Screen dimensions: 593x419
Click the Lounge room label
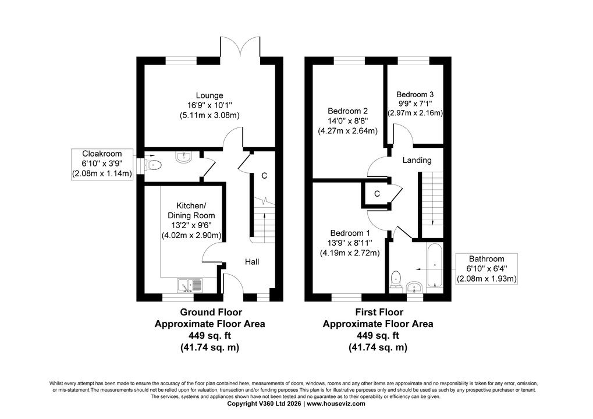tap(209, 95)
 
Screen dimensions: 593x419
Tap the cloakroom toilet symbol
tap(153, 165)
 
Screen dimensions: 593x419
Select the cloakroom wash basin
tap(184, 157)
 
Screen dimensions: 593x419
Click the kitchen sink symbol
tap(190, 286)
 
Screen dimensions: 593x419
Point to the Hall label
tap(252, 262)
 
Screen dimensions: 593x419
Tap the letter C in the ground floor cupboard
tap(264, 176)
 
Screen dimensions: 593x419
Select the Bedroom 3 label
tap(415, 94)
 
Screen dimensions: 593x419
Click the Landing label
tap(417, 160)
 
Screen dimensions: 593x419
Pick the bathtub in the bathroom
tap(435, 265)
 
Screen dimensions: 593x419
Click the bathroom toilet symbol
tap(396, 279)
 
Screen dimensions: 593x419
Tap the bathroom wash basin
tap(415, 287)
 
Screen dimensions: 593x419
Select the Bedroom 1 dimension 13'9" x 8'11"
tap(350, 243)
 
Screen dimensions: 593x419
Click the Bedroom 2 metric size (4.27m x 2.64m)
tap(347, 131)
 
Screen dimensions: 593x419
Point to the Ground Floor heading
tap(211, 313)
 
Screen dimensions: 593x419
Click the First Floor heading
tap(379, 313)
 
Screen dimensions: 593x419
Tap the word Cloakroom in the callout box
tap(102, 154)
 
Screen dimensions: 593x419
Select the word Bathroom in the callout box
tap(487, 259)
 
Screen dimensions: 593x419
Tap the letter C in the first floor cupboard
tap(377, 194)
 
